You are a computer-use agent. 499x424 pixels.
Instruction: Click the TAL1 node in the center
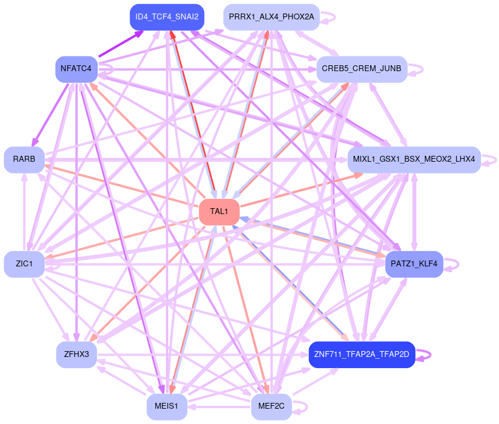tap(219, 212)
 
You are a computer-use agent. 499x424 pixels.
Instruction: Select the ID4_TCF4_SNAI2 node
tap(167, 16)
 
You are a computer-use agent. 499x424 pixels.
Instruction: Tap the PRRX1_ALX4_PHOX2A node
tap(271, 16)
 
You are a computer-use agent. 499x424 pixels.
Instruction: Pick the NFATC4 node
tap(76, 69)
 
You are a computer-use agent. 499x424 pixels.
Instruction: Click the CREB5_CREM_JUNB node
tap(361, 69)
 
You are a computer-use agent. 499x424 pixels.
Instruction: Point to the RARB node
tap(24, 159)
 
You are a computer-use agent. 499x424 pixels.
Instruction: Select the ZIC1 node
tap(24, 264)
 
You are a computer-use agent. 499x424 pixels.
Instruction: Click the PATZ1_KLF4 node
tap(414, 264)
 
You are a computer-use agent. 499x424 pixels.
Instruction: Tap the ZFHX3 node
tap(76, 355)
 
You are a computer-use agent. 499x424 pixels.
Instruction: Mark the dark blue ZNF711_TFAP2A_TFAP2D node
tap(362, 355)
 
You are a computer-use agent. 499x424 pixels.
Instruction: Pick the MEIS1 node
tap(167, 406)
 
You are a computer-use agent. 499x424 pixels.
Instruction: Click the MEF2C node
tap(271, 406)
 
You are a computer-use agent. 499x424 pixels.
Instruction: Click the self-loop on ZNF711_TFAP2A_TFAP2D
tap(431, 355)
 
